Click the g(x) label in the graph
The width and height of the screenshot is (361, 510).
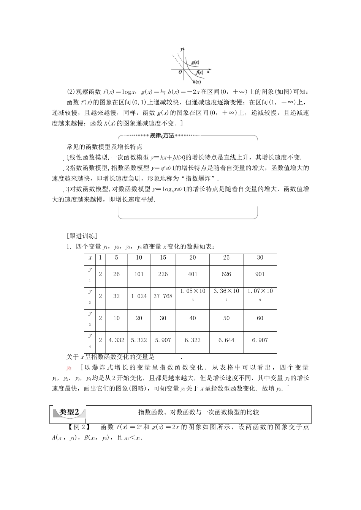(x=196, y=62)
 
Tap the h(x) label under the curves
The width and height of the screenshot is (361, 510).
(x=197, y=81)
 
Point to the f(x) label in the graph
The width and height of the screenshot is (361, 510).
(x=199, y=72)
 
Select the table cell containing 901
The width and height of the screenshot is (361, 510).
(x=260, y=274)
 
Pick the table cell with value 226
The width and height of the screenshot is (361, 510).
(x=163, y=274)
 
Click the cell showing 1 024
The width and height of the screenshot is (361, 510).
(x=139, y=296)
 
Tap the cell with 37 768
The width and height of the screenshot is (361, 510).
(x=163, y=296)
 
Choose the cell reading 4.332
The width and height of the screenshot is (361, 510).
(x=116, y=340)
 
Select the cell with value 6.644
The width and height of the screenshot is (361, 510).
(x=226, y=340)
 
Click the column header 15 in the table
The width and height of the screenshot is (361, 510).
(x=163, y=258)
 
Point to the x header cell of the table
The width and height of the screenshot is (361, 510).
(x=90, y=258)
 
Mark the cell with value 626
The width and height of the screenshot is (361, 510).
(x=226, y=274)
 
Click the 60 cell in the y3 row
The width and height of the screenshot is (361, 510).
(x=260, y=318)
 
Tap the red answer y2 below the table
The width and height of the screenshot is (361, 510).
(x=69, y=367)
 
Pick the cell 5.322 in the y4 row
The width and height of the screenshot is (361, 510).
(x=139, y=340)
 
